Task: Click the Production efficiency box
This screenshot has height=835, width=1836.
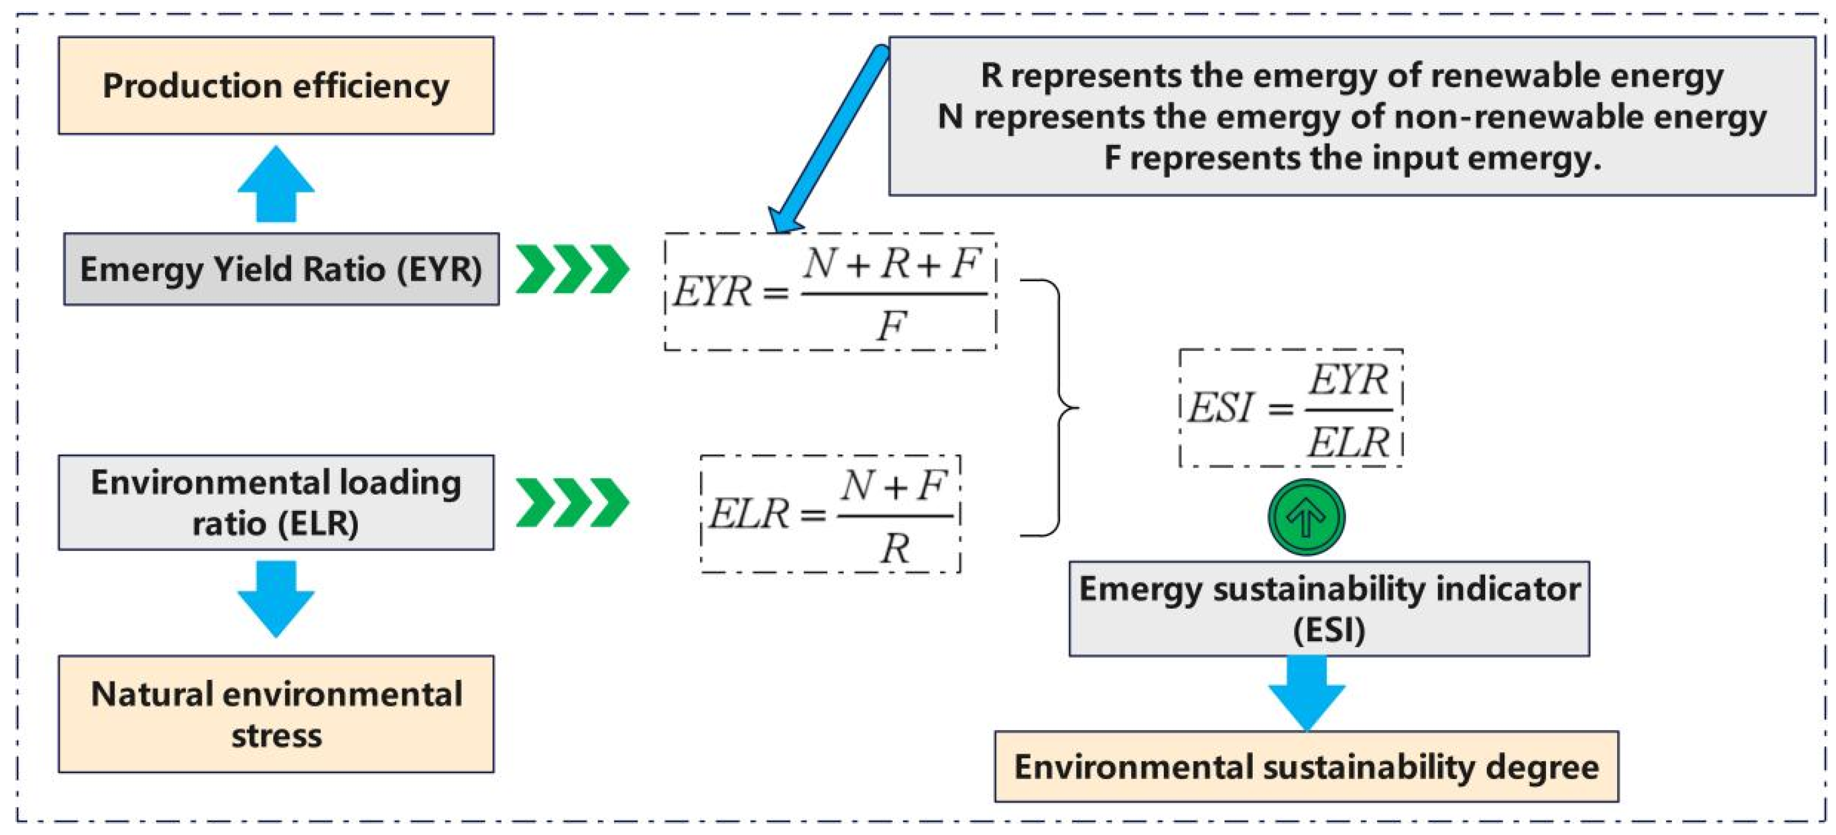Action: (276, 85)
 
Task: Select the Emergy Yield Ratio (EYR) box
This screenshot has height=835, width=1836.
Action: (281, 269)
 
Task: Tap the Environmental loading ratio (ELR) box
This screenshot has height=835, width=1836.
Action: (276, 502)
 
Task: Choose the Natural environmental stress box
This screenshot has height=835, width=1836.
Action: (276, 714)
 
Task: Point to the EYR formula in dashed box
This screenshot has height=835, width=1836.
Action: (830, 292)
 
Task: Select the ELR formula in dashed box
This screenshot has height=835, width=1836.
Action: (830, 514)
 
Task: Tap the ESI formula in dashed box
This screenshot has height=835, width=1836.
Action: (1291, 408)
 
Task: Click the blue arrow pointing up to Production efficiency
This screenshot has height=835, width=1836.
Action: (276, 184)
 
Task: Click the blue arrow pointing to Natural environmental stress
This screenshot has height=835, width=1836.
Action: (276, 598)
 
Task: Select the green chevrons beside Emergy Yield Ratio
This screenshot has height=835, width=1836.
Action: (572, 269)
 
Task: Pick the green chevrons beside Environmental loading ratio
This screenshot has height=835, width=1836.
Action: (572, 502)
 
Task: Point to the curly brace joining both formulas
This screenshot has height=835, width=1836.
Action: (1055, 408)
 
